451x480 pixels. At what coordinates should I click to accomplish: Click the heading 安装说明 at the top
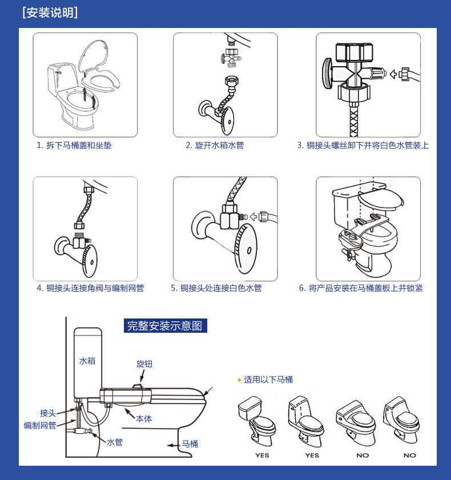coord(50,13)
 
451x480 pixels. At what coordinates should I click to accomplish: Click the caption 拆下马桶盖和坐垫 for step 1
coord(74,146)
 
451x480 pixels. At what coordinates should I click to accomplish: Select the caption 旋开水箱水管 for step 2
coord(215,146)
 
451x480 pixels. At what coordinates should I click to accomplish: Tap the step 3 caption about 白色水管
coord(363,146)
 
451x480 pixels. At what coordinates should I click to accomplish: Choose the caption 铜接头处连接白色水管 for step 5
coord(216,288)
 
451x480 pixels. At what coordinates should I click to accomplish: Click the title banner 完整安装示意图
coord(166,326)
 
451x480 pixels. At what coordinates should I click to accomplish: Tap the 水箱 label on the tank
coord(87,361)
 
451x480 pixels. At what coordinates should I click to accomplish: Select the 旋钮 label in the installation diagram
coord(144,364)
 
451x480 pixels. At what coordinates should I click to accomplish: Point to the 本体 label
coord(144,418)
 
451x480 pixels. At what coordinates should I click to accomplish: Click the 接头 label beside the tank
coord(48,413)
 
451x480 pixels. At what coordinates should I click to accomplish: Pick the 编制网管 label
coord(40,425)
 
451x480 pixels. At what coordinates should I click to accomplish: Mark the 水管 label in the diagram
coord(115,442)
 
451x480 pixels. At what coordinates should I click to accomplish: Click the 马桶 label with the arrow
coord(190,443)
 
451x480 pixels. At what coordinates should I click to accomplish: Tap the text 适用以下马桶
coord(268,380)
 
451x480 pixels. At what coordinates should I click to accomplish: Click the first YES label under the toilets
coord(262,455)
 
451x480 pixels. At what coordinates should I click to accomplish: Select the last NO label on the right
coord(410,455)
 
